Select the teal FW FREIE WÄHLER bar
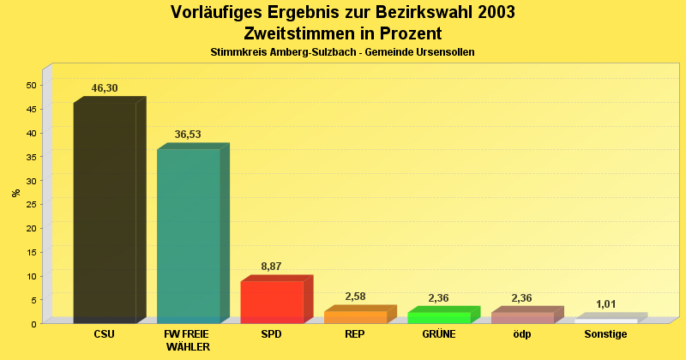click(189, 235)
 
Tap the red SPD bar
click(272, 302)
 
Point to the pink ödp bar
click(522, 317)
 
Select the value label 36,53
click(189, 135)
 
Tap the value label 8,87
click(271, 267)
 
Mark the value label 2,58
click(355, 297)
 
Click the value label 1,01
click(606, 304)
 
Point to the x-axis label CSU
click(105, 334)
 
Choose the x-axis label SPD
click(271, 334)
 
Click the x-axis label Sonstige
click(605, 334)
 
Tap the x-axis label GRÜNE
click(438, 334)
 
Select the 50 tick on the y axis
click(32, 85)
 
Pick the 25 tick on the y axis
click(32, 204)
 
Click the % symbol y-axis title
click(15, 193)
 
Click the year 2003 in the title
click(493, 12)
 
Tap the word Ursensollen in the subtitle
click(442, 52)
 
